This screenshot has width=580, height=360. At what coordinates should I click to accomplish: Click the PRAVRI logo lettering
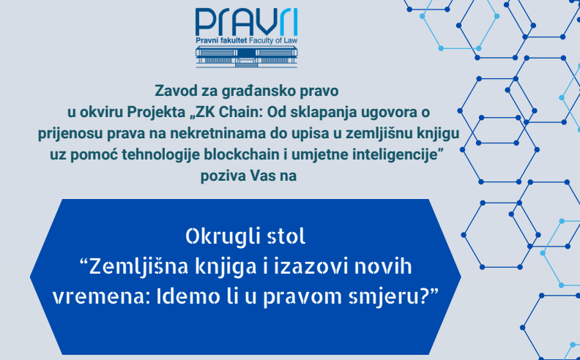[x=246, y=22]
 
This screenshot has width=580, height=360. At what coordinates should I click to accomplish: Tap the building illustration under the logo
[x=246, y=57]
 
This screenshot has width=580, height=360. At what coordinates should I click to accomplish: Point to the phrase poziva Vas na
[x=248, y=176]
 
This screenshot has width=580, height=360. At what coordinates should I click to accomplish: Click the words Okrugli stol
[x=245, y=237]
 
